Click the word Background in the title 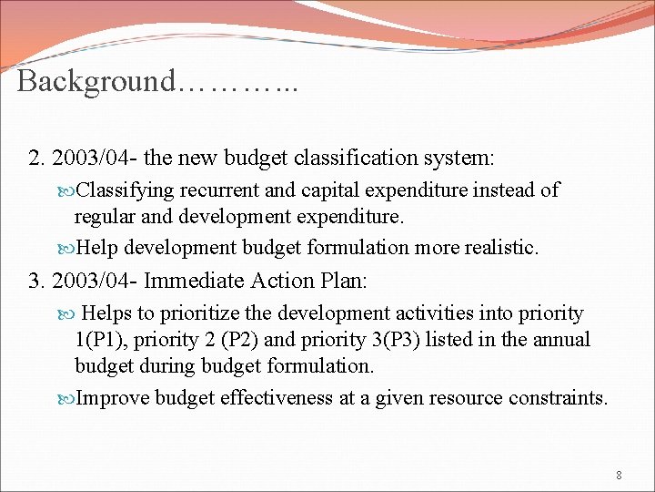point(96,81)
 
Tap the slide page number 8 point(619,475)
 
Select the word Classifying point(126,190)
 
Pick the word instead point(502,190)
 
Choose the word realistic point(497,247)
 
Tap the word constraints point(559,397)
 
